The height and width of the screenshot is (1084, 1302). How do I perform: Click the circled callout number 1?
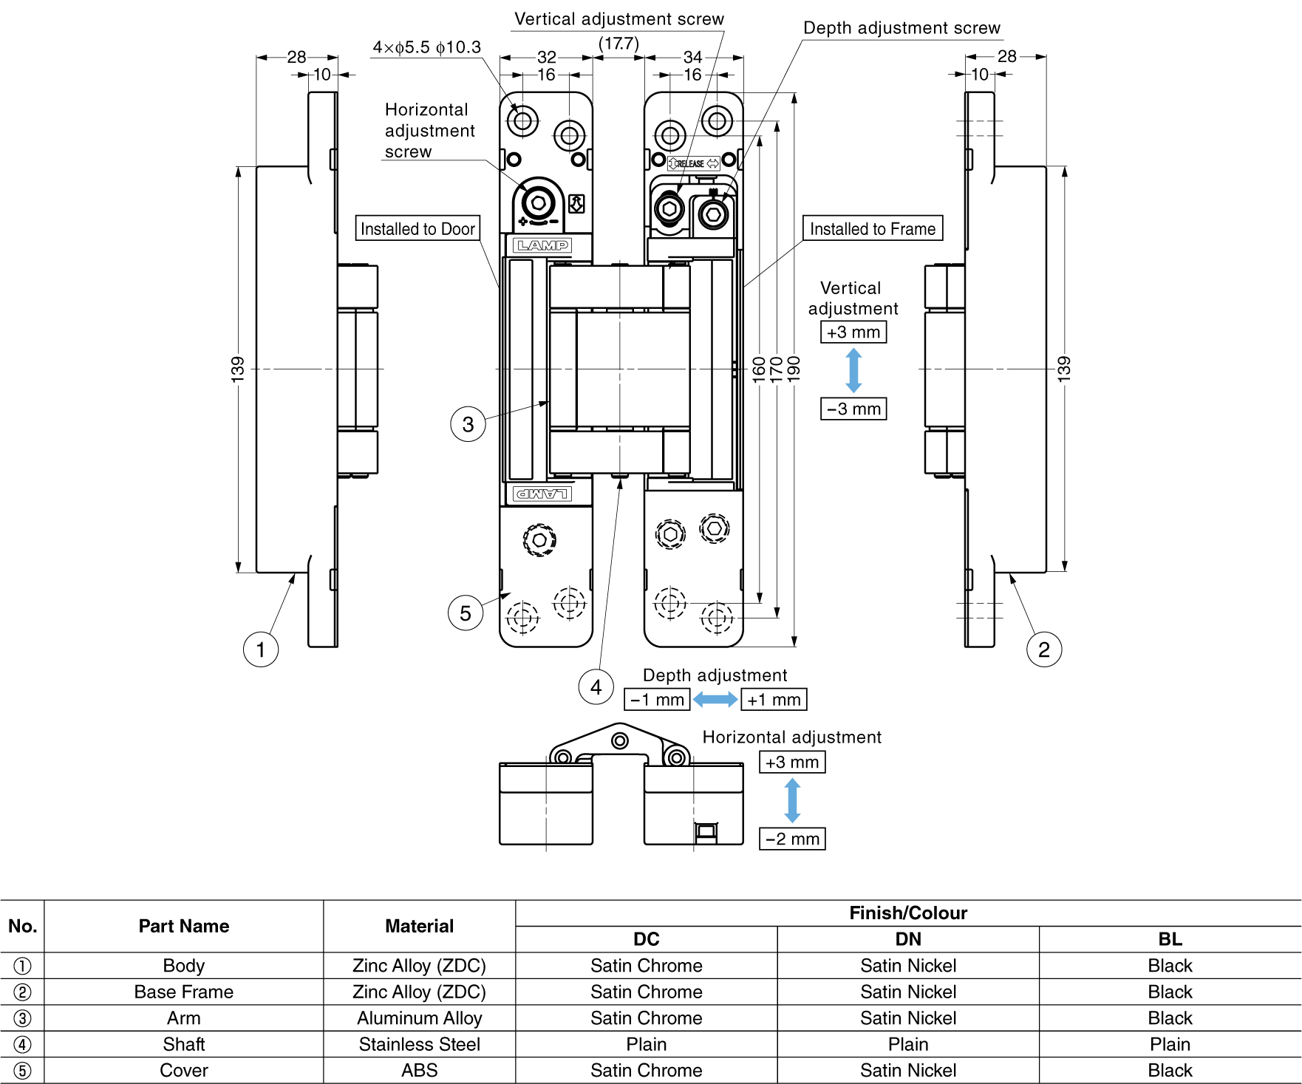[260, 650]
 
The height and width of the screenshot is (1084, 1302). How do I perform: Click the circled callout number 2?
[1043, 650]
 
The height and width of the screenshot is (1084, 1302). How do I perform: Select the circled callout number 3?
[468, 424]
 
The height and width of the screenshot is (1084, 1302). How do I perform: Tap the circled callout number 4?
[596, 687]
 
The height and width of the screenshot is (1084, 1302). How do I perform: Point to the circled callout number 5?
[466, 613]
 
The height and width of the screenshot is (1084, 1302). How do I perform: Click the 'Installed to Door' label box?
[417, 228]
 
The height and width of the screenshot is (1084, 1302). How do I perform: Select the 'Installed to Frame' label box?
[872, 228]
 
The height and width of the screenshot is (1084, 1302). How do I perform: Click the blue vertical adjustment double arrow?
[853, 370]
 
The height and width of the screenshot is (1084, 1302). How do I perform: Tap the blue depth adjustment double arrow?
[715, 699]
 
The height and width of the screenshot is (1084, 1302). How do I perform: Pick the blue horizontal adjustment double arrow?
[792, 800]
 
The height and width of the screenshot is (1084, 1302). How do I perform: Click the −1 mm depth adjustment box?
[657, 699]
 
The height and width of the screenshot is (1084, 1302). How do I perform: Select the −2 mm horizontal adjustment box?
[792, 839]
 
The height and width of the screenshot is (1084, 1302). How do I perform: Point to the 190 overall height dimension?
[794, 367]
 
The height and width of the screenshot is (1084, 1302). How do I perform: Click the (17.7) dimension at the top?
[618, 44]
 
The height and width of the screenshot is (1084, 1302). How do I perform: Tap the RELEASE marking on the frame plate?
[693, 163]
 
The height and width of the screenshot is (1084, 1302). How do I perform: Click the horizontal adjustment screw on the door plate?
[538, 202]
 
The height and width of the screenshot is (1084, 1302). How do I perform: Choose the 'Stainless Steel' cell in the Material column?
[419, 1044]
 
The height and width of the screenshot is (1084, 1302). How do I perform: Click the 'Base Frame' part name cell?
[183, 992]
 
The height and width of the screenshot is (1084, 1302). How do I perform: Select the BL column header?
[1170, 939]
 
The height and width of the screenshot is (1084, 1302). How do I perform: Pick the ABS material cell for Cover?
[419, 1070]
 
